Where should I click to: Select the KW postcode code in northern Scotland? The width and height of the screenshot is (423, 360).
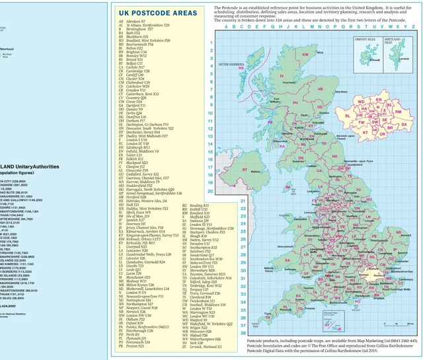click(x=305, y=54)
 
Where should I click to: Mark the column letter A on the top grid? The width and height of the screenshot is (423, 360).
click(x=226, y=28)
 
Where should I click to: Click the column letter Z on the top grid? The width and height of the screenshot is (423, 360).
click(x=413, y=28)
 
